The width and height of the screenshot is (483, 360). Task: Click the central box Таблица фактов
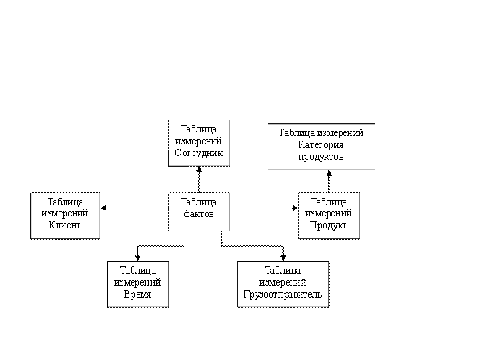[199, 212]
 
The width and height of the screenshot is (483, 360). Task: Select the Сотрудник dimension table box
[199, 144]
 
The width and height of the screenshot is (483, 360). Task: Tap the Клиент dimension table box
[65, 216]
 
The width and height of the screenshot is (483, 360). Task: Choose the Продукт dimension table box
[329, 216]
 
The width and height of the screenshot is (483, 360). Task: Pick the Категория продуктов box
[321, 147]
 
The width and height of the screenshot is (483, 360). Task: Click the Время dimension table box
[137, 284]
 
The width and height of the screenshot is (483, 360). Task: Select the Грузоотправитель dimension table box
[283, 284]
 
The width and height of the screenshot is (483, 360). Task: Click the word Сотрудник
[198, 153]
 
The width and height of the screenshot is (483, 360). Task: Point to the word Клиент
[65, 225]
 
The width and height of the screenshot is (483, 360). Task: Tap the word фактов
[198, 214]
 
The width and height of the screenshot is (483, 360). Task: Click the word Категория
[321, 145]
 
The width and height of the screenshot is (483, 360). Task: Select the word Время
[137, 294]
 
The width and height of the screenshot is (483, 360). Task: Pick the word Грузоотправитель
[282, 294]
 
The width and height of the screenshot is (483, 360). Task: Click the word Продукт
[328, 225]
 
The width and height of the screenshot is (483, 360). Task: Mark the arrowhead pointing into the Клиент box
[103, 208]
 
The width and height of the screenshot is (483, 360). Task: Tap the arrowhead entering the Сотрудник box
[199, 169]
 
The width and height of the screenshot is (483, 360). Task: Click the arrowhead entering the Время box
[137, 258]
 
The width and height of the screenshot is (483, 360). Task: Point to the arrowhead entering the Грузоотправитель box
[283, 258]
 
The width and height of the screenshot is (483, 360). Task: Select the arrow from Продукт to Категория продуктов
[329, 181]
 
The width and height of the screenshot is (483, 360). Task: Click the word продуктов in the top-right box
[321, 157]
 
